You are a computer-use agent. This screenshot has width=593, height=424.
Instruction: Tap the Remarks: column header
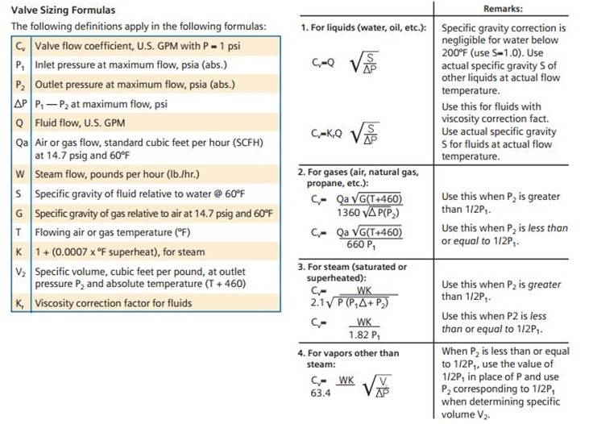click(503, 9)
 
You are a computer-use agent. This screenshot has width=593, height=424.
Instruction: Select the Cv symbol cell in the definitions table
click(19, 46)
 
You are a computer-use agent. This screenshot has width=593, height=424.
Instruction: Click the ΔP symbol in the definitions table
click(19, 104)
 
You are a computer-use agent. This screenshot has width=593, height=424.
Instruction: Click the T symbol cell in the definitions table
click(19, 233)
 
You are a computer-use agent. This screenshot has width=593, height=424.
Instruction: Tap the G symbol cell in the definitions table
click(19, 214)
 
